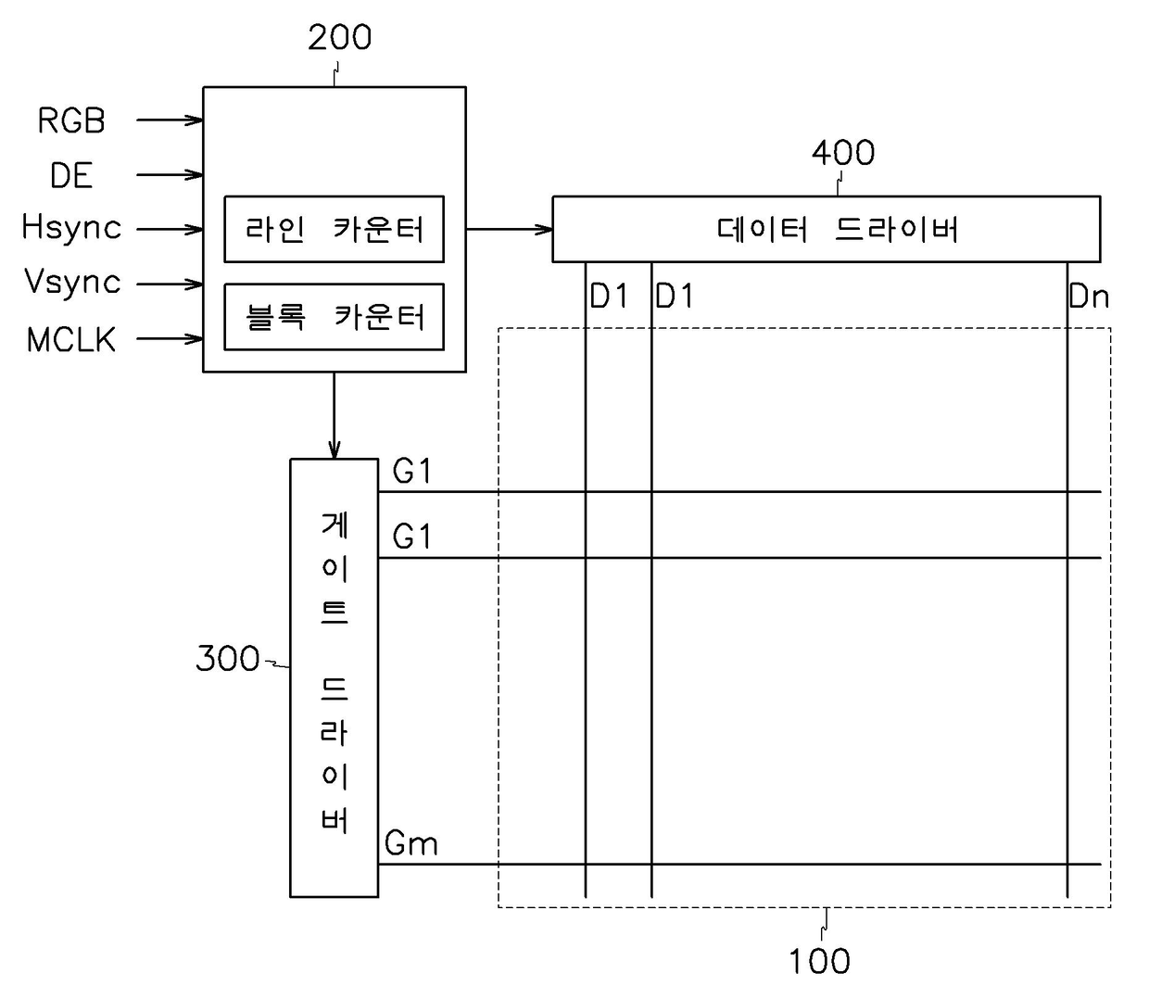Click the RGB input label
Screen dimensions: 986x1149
click(x=71, y=120)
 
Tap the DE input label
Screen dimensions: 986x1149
click(x=71, y=175)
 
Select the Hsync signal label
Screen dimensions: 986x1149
click(x=71, y=228)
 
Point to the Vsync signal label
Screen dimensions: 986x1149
click(x=72, y=282)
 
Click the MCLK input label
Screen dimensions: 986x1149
click(x=71, y=340)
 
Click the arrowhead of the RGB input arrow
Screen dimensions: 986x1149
click(x=196, y=120)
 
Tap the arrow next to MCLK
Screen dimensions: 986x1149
click(x=170, y=339)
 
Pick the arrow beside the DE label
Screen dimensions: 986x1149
click(x=170, y=174)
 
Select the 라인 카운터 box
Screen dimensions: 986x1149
click(x=334, y=229)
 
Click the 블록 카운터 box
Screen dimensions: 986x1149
click(x=334, y=317)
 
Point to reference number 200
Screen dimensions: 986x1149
click(x=339, y=38)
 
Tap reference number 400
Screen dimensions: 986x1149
click(x=842, y=153)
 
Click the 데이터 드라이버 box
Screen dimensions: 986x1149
click(x=826, y=229)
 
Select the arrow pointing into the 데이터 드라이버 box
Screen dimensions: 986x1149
click(x=510, y=229)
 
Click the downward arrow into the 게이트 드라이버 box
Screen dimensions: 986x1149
click(x=334, y=416)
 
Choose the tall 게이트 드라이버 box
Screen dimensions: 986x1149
click(x=334, y=677)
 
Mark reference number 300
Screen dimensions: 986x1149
click(x=227, y=659)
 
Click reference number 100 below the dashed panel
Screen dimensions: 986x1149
click(x=819, y=961)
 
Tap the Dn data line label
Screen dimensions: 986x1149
click(x=1088, y=297)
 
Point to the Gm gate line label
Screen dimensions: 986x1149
click(x=410, y=844)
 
